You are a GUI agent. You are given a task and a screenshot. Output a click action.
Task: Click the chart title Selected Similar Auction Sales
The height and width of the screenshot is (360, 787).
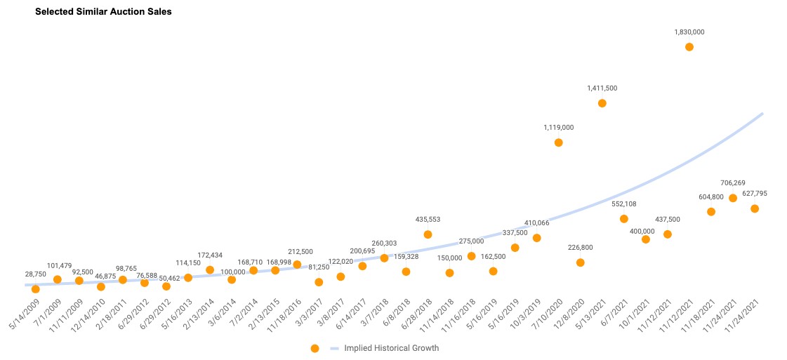[103, 12]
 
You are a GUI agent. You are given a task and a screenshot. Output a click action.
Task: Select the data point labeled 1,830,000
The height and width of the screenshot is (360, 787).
[689, 47]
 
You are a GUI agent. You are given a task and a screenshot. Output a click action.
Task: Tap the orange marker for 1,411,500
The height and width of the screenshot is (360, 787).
[602, 103]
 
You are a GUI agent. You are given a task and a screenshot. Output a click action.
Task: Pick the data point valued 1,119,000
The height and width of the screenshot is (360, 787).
[559, 142]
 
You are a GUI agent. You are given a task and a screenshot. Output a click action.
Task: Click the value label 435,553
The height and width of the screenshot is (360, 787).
[428, 219]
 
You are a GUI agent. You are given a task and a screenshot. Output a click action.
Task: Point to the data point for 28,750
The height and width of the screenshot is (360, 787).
[36, 289]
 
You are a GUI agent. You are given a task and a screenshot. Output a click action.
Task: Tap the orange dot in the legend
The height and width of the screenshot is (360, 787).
[315, 348]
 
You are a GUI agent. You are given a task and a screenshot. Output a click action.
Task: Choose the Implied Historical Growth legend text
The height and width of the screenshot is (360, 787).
[391, 348]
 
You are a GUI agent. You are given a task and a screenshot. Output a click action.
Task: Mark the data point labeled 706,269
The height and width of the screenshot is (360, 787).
[733, 198]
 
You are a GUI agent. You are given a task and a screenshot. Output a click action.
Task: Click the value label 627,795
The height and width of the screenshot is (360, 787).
[755, 194]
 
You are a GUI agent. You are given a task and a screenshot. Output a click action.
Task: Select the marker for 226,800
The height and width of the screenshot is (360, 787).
[581, 262]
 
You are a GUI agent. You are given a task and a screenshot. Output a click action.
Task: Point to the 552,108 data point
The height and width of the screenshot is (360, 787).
[624, 219]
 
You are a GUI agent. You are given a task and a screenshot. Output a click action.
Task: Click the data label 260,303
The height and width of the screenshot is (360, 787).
[384, 244]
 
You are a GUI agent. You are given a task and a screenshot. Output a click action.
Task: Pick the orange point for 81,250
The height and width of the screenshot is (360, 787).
[319, 282]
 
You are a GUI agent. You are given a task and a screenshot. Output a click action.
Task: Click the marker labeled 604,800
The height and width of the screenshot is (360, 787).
[711, 212]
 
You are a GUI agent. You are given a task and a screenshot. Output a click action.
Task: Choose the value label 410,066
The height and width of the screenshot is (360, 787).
[537, 222]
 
